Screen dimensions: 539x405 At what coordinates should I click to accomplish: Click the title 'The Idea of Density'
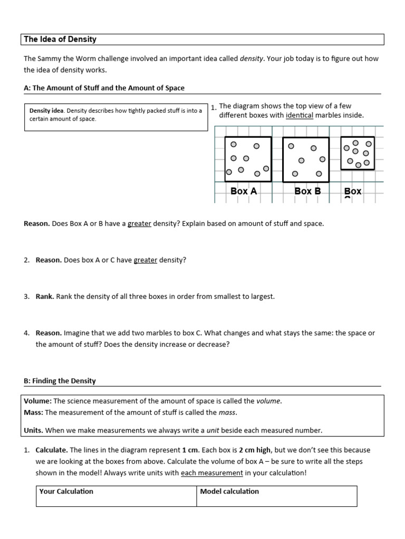(60, 39)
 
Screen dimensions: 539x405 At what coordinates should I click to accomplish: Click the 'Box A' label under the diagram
(244, 191)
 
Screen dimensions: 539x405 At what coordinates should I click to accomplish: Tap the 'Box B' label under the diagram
(307, 191)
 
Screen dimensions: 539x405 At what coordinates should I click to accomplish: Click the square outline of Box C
(358, 153)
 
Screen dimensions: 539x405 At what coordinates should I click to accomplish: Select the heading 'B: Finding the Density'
(60, 381)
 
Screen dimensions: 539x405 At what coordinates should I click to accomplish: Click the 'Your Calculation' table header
(66, 491)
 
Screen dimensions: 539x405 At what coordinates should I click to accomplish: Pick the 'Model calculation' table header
(229, 491)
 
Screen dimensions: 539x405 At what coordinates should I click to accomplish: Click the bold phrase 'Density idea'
(46, 111)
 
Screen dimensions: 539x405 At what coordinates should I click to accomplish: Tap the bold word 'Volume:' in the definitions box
(37, 401)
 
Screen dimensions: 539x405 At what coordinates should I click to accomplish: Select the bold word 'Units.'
(33, 431)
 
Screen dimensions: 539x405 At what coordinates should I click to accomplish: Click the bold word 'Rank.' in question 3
(45, 296)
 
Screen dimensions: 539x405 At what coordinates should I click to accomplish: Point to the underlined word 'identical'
(299, 115)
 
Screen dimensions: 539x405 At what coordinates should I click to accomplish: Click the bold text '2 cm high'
(255, 450)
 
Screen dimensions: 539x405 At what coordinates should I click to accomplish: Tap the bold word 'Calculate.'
(52, 450)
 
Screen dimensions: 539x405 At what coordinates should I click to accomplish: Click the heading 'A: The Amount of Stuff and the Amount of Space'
(104, 88)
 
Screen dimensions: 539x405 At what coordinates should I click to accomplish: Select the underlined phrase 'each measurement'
(212, 473)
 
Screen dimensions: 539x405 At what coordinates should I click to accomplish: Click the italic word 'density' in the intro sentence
(252, 59)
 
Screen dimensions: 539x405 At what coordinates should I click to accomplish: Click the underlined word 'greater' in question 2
(146, 260)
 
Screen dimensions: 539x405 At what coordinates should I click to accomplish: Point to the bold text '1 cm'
(191, 450)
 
